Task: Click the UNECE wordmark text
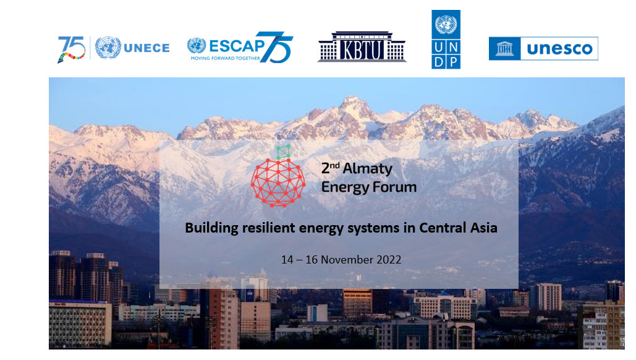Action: pos(146,48)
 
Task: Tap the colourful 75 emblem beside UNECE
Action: pos(72,49)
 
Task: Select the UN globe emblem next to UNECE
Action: pos(108,48)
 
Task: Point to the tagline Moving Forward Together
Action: pos(225,58)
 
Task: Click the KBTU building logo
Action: pos(362,46)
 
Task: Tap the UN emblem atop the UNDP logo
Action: pos(446,24)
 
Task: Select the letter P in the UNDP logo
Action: pos(454,62)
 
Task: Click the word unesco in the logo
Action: pos(559,49)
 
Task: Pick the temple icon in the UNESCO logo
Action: pos(504,48)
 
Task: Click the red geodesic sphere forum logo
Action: pos(278,182)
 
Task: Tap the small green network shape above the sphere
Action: pos(284,152)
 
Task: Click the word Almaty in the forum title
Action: pos(368,169)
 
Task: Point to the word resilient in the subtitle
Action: pos(269,228)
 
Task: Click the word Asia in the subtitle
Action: pos(483,228)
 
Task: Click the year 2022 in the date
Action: pos(389,260)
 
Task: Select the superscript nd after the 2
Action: pos(334,165)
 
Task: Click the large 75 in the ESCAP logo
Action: pos(275,47)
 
